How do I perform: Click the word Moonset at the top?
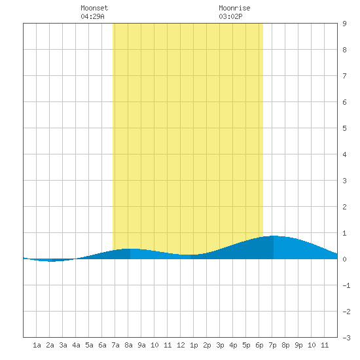point(94,8)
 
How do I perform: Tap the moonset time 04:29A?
point(92,16)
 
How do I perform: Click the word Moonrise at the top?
point(234,8)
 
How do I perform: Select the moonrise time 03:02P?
point(230,16)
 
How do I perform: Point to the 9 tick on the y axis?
point(344,24)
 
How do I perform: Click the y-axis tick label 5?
point(344,128)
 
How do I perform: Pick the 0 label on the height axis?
point(344,259)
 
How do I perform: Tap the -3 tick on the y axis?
point(346,338)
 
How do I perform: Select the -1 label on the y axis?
point(346,285)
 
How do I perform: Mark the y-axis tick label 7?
point(344,76)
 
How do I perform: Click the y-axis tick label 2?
point(344,207)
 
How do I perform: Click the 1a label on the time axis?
point(37,345)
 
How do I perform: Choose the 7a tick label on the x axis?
point(115,345)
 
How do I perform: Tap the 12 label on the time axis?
point(181,345)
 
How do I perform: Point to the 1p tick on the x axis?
point(194,345)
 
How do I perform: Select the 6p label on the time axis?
point(259,345)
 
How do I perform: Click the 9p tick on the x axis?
point(298,345)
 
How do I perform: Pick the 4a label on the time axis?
point(76,345)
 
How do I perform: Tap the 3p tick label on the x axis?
point(220,345)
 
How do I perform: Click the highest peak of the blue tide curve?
point(274,236)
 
